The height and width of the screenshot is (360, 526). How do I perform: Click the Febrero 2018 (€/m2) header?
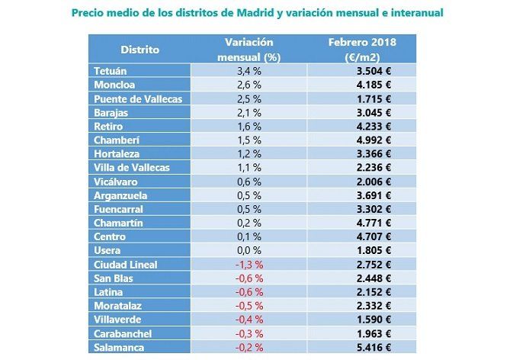point(362,50)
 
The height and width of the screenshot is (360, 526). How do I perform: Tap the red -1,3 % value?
point(249,265)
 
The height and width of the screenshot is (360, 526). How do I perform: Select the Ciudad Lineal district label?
point(125,265)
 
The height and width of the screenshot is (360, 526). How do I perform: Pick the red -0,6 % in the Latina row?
point(249,292)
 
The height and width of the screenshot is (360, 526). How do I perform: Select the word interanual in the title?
point(414,13)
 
